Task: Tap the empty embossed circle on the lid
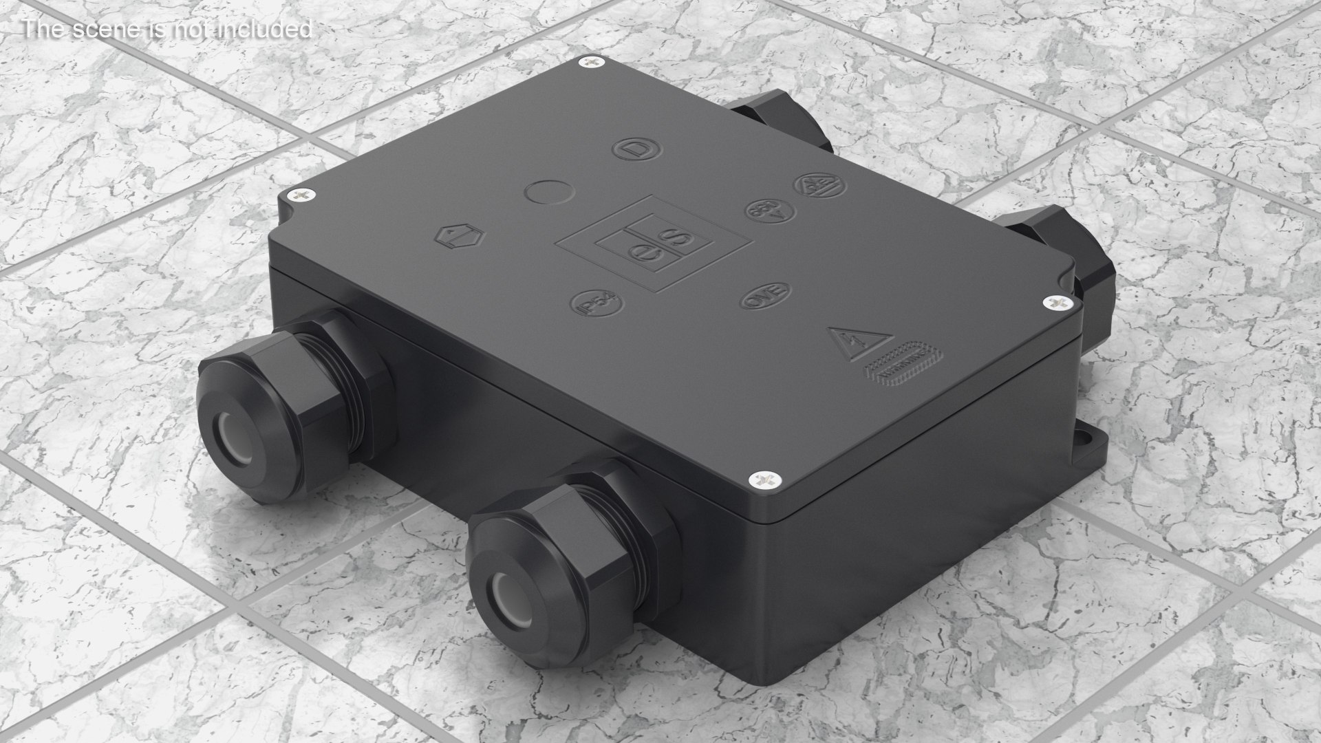pos(548,191)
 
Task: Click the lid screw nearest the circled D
pos(592,63)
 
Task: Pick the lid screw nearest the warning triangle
pos(1054,302)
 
